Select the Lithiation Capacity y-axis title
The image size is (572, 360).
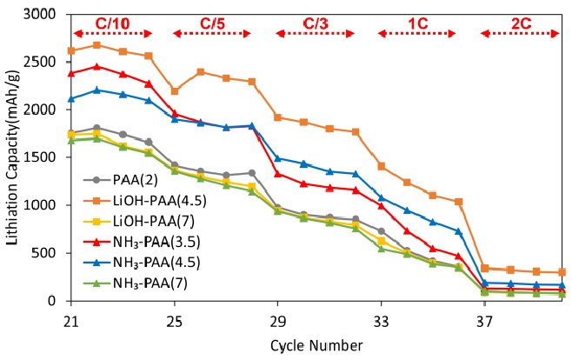[x=11, y=157]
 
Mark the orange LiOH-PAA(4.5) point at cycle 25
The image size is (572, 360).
[x=175, y=91]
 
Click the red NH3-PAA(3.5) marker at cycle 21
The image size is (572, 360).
[x=72, y=74]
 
